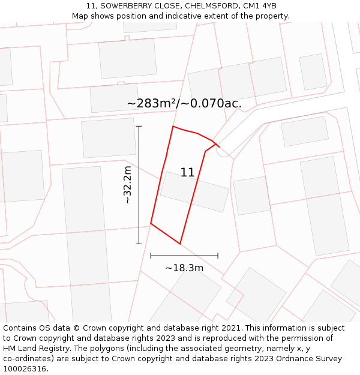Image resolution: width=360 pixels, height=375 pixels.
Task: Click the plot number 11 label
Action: click(x=187, y=173)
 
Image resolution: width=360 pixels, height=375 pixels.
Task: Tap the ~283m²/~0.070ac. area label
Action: click(x=184, y=103)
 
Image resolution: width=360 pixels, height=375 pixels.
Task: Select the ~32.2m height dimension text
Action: click(x=127, y=185)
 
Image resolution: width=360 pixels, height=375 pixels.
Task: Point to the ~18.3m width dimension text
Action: click(x=184, y=268)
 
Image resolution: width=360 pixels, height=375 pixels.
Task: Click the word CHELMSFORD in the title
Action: click(x=210, y=6)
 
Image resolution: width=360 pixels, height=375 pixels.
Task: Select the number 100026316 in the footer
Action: click(x=26, y=369)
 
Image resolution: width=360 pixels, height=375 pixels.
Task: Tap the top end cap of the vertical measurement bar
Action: click(x=139, y=127)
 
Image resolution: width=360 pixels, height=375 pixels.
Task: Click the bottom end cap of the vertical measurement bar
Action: click(x=139, y=244)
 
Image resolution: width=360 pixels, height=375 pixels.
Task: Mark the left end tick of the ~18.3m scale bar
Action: click(x=151, y=256)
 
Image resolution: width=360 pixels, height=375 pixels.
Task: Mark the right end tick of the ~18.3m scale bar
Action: click(x=218, y=256)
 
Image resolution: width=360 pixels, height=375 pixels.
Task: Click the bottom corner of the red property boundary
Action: click(x=180, y=244)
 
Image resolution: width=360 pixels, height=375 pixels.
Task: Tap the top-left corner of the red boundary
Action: click(x=173, y=127)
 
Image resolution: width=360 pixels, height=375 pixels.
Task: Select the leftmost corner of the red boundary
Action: click(x=151, y=224)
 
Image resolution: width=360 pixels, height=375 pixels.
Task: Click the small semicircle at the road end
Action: click(x=223, y=152)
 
